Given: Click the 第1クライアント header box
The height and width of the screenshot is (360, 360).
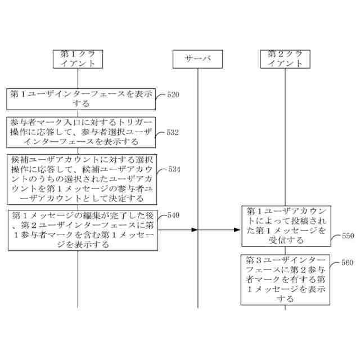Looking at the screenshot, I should click(x=78, y=59).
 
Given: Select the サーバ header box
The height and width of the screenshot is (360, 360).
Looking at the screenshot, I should click(x=198, y=59).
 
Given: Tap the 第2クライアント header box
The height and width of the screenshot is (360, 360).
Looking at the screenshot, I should click(x=285, y=59).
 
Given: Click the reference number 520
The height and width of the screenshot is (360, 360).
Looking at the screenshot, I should click(x=173, y=94).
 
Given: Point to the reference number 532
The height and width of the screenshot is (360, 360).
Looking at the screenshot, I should click(x=173, y=133).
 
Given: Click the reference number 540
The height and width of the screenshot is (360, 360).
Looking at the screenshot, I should click(x=173, y=215).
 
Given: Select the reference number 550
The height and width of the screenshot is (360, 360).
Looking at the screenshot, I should click(x=348, y=236).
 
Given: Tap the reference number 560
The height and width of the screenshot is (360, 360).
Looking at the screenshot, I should click(x=348, y=263).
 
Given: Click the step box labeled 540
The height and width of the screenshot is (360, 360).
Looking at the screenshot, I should click(x=82, y=230).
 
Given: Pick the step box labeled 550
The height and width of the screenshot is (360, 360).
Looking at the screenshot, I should click(x=285, y=226).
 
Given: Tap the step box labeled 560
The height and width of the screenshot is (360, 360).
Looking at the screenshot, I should click(x=285, y=280).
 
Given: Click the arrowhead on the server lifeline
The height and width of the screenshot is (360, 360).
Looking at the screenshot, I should click(x=195, y=230).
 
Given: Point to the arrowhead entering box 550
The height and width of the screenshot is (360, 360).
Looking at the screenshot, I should click(x=238, y=230).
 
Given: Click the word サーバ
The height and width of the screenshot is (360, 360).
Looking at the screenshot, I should click(x=198, y=59).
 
